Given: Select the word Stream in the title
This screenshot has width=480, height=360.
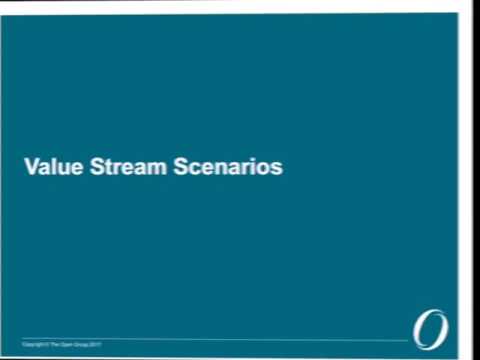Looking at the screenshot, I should coord(122,166).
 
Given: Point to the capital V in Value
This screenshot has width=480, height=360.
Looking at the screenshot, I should coord(30,166).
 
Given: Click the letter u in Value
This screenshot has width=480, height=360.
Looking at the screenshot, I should coord(58,167).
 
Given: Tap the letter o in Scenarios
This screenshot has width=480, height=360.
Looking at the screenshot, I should coord(264,167).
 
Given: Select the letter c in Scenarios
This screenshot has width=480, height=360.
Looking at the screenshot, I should coord(194,167).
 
